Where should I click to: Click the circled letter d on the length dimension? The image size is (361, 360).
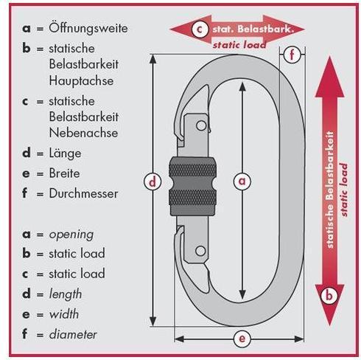click(x=153, y=181)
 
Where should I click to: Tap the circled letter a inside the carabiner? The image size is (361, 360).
click(x=242, y=181)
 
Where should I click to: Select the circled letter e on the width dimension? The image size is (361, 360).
click(x=242, y=339)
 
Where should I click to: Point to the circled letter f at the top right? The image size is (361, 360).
click(x=292, y=55)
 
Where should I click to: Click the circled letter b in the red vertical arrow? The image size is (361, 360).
click(x=329, y=295)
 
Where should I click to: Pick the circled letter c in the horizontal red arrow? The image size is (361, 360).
click(x=200, y=30)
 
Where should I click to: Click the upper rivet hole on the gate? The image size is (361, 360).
click(x=201, y=125)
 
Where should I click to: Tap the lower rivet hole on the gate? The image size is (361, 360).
click(x=200, y=251)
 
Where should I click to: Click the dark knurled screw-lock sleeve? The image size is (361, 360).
click(x=193, y=186)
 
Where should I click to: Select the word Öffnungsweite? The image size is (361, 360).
click(x=88, y=28)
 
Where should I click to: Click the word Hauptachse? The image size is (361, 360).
click(x=81, y=81)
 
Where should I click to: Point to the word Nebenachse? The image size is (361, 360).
click(x=83, y=133)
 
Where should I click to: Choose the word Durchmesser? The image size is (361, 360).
click(x=83, y=193)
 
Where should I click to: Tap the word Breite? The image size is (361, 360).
click(x=64, y=173)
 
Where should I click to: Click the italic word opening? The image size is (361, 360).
click(x=71, y=235)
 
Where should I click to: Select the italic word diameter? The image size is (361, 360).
click(x=73, y=334)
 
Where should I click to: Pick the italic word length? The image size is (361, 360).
click(x=66, y=294)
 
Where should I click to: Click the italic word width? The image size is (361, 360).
click(x=64, y=314)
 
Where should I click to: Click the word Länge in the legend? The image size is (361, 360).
click(x=65, y=153)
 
